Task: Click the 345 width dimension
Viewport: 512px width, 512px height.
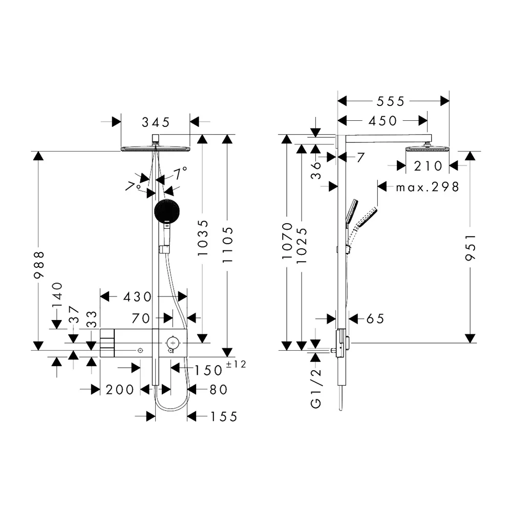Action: click(156, 122)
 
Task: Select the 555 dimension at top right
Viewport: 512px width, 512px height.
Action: click(391, 101)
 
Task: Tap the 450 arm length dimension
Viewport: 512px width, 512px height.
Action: click(382, 121)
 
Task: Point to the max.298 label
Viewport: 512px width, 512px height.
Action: click(428, 187)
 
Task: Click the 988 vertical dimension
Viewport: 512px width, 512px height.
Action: click(39, 265)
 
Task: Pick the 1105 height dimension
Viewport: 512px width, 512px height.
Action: click(228, 245)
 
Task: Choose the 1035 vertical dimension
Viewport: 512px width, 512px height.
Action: click(203, 238)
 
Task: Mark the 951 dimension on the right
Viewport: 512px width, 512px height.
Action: click(471, 247)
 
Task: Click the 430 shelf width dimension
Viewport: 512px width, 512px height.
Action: click(137, 297)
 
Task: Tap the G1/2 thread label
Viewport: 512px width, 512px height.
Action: click(316, 388)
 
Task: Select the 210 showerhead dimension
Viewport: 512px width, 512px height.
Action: click(428, 166)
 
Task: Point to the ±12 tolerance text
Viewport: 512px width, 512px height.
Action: click(236, 364)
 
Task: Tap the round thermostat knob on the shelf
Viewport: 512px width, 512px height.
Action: click(173, 343)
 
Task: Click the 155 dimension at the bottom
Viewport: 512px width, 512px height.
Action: click(224, 417)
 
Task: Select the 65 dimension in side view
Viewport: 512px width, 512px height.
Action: click(375, 318)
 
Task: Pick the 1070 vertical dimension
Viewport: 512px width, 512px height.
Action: click(287, 241)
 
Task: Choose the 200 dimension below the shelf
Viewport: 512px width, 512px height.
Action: click(120, 390)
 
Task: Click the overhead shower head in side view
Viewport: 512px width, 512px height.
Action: click(428, 149)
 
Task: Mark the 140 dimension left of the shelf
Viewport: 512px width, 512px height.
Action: click(57, 294)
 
